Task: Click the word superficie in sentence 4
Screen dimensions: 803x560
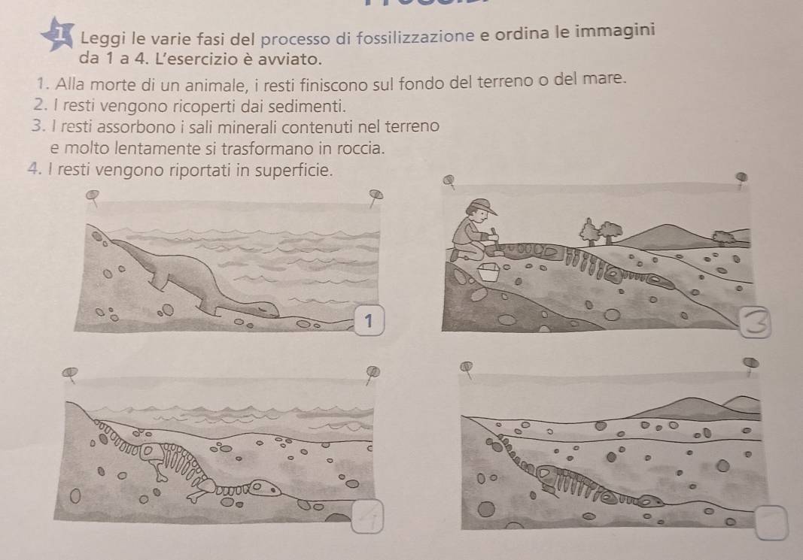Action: pos(294,170)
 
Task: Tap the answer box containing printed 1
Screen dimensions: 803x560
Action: pos(369,321)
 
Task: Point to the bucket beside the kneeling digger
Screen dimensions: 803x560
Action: pos(488,271)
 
